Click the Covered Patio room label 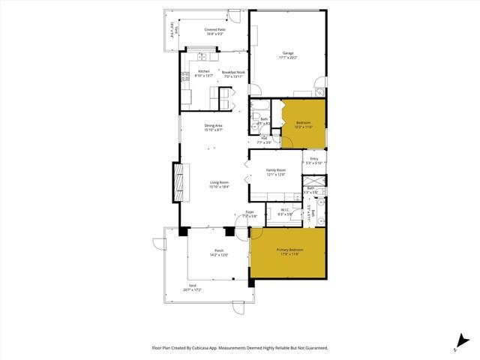215,29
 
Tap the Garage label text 288,52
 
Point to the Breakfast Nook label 233,72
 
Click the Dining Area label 214,125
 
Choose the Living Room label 218,182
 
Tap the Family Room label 276,170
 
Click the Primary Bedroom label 287,250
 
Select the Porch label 219,250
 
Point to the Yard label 192,286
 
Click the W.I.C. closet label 284,210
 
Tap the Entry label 314,158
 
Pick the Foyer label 250,212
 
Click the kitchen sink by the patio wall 202,56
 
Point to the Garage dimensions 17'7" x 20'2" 288,57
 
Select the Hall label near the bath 265,137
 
